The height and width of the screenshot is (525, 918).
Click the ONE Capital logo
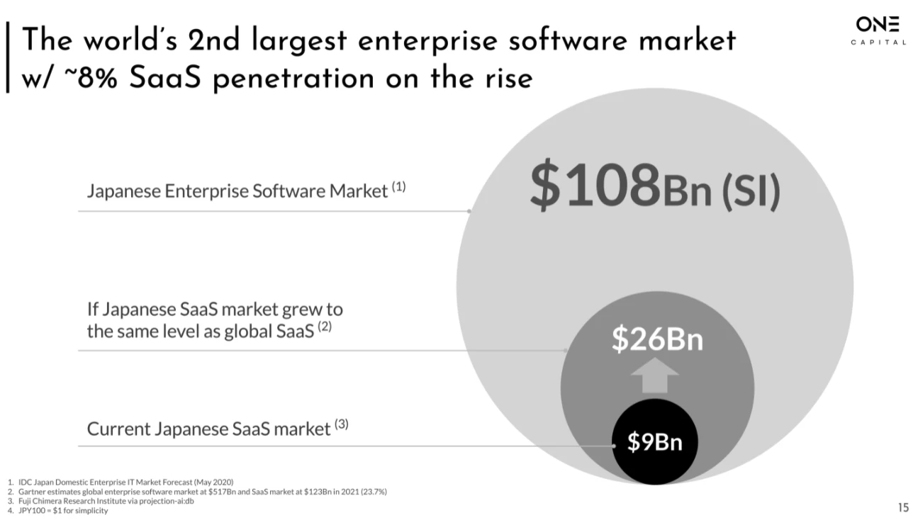tap(878, 30)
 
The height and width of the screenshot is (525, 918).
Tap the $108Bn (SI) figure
tap(654, 186)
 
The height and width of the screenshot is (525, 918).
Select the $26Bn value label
tap(657, 340)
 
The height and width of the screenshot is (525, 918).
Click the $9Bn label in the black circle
tap(654, 442)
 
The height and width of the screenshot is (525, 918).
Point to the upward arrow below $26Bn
tap(655, 376)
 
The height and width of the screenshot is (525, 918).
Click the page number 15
tap(902, 507)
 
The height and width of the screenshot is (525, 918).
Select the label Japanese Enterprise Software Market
tap(237, 191)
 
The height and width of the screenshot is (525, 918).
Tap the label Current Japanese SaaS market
tap(209, 429)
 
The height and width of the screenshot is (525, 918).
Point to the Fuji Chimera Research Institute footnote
tap(106, 501)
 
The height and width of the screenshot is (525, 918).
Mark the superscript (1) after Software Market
tap(398, 188)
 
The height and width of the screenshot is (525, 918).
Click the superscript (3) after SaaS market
tap(342, 425)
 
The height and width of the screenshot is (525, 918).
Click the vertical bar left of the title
tap(8, 57)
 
